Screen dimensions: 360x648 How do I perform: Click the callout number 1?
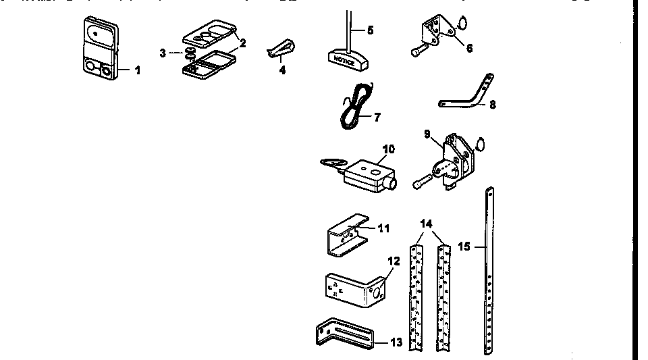tap(138, 70)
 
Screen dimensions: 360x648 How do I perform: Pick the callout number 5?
tap(369, 30)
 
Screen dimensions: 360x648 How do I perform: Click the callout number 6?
tap(468, 49)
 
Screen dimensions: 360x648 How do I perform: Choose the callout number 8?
tap(492, 105)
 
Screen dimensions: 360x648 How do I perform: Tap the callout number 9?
tap(427, 134)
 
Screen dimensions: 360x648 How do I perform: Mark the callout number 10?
tap(387, 149)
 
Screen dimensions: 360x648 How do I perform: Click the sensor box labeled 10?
tap(365, 172)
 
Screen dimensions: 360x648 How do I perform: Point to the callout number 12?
tap(394, 260)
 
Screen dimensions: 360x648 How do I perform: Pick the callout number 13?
tap(396, 342)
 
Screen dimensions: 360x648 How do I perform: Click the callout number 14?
tap(427, 224)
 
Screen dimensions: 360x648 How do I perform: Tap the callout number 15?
tap(464, 247)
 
